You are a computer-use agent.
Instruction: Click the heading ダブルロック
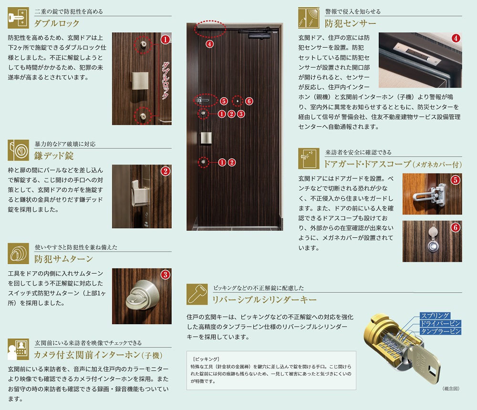(x=57, y=23)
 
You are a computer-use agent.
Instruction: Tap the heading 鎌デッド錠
(x=54, y=156)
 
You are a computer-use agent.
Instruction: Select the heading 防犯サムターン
(x=63, y=259)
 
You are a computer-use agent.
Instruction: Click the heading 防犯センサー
(x=351, y=23)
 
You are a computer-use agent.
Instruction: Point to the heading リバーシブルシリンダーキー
(x=264, y=300)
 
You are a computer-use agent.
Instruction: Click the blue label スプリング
(x=435, y=316)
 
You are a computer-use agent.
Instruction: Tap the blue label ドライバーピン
(x=440, y=323)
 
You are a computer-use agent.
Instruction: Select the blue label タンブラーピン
(x=440, y=331)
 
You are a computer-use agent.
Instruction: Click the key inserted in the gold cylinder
(x=425, y=362)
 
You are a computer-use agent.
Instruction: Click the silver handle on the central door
(x=206, y=138)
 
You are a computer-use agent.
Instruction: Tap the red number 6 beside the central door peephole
(x=249, y=101)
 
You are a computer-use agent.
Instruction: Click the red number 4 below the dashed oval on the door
(x=209, y=44)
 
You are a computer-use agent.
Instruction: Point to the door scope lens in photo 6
(x=433, y=246)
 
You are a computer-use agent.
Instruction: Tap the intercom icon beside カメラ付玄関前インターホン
(x=18, y=349)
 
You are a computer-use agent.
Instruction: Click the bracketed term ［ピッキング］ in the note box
(x=206, y=359)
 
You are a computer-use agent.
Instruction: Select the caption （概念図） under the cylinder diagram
(x=451, y=389)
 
